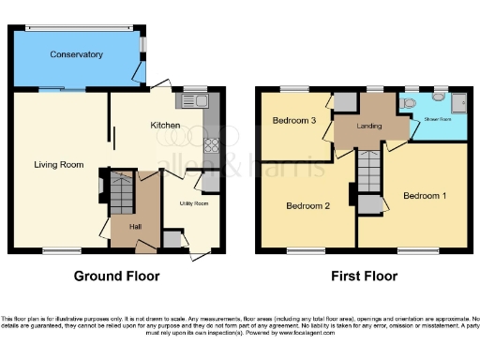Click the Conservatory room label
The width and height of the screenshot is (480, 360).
click(x=77, y=55)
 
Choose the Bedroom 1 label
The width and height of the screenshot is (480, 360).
click(x=425, y=196)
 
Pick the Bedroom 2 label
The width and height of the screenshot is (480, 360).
click(x=307, y=205)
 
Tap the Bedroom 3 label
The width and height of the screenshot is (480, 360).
click(x=294, y=121)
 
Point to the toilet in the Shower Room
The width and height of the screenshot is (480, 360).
click(x=412, y=105)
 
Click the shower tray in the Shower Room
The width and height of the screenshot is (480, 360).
click(x=460, y=106)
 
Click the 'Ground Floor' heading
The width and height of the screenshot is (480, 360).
click(x=117, y=277)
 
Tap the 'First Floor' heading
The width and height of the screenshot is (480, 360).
click(x=365, y=277)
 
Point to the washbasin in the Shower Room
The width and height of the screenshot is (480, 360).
click(x=439, y=97)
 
